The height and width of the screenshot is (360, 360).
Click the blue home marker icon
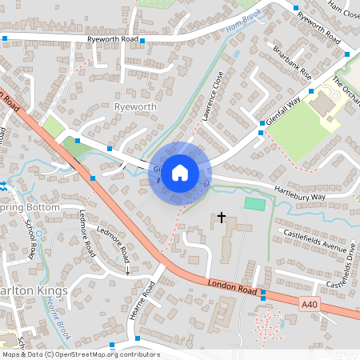pos(180,173)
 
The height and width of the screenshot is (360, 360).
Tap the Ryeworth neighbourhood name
pos(133,106)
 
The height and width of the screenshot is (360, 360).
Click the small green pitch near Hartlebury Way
pos(254,204)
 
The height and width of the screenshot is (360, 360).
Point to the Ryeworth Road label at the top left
pos(116,39)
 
